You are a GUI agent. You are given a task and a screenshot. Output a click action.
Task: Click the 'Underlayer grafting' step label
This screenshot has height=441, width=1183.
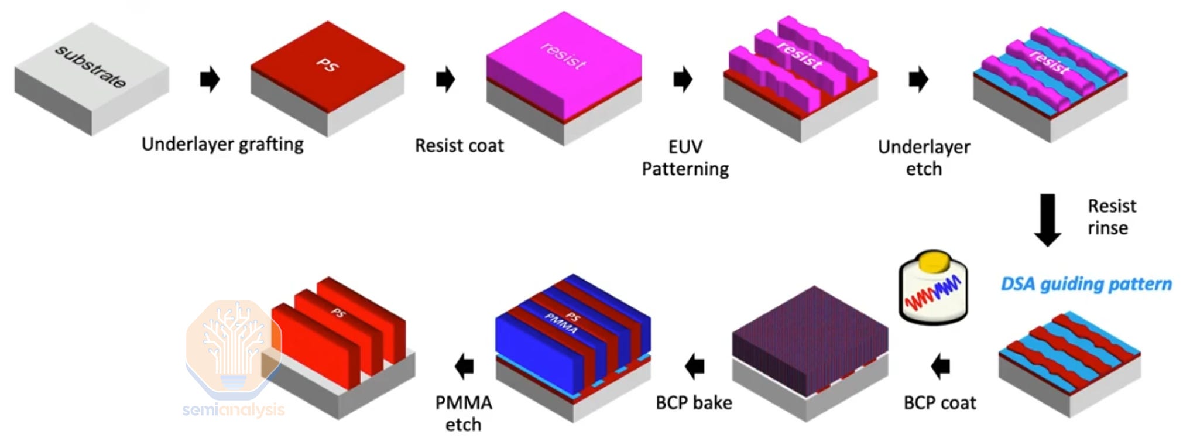(x=222, y=144)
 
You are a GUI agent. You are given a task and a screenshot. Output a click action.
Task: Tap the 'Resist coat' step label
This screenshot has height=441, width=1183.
(x=459, y=145)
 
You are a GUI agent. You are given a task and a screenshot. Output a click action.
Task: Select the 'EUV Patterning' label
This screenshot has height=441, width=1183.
(x=685, y=158)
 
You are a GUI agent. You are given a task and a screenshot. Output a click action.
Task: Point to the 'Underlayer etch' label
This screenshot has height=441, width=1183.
(x=924, y=158)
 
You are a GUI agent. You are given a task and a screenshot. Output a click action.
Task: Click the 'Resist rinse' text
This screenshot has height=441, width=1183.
(x=1111, y=217)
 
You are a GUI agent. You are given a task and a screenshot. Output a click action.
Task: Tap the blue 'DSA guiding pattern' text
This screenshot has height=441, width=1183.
(x=1086, y=284)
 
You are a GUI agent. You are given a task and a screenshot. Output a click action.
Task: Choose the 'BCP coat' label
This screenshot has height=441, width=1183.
(x=939, y=403)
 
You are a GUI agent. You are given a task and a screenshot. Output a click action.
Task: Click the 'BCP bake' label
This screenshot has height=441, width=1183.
(x=694, y=403)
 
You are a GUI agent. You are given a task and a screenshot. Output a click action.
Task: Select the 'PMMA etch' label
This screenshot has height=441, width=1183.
(x=463, y=413)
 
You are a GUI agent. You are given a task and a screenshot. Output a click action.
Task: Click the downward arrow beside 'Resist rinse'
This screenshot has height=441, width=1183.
(x=1047, y=220)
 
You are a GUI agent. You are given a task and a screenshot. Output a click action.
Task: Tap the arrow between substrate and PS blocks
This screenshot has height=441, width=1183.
(x=210, y=79)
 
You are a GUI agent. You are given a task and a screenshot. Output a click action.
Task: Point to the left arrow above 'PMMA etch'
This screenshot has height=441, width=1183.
(x=464, y=366)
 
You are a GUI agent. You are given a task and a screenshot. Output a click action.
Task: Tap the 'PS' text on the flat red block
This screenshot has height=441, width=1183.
(x=327, y=64)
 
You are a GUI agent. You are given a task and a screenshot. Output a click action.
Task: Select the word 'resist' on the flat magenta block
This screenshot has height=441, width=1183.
(x=563, y=56)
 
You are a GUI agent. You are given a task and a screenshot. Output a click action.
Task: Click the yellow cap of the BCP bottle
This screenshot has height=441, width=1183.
(x=933, y=261)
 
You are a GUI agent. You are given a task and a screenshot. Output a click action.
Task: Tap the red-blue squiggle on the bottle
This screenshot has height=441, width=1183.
(x=932, y=293)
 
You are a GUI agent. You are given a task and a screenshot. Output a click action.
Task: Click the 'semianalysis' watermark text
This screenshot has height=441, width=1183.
(x=234, y=409)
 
